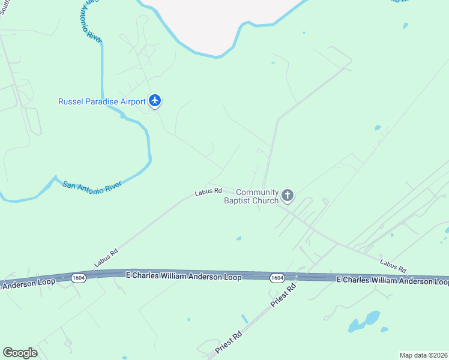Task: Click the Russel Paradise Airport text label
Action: pyautogui.click(x=101, y=101)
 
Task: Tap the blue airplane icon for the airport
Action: pyautogui.click(x=155, y=100)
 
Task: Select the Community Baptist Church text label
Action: pyautogui.click(x=252, y=196)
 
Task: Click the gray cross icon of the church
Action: pyautogui.click(x=288, y=195)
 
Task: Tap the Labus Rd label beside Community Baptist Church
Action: pyautogui.click(x=208, y=192)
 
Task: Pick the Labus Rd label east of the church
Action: pyautogui.click(x=393, y=265)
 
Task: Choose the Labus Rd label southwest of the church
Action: pyautogui.click(x=106, y=258)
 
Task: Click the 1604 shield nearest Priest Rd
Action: pyautogui.click(x=277, y=277)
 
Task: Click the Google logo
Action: pyautogui.click(x=20, y=353)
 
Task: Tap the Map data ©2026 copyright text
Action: pyautogui.click(x=423, y=355)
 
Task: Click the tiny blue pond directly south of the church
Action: pyautogui.click(x=239, y=238)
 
